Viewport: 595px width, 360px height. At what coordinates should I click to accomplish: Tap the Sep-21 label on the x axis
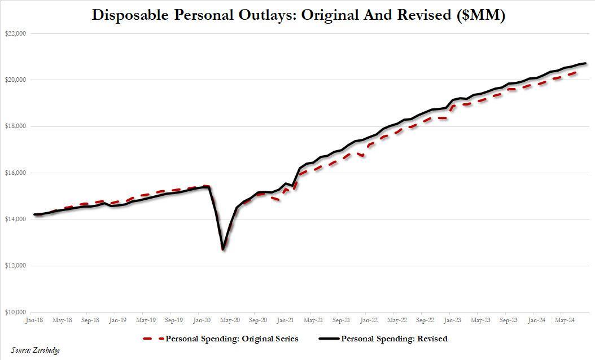coord(342,320)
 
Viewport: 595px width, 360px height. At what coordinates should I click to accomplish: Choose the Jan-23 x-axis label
coord(453,320)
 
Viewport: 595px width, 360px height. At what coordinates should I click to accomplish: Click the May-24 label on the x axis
coord(565,320)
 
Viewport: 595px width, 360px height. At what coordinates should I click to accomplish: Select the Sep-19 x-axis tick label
coord(174,320)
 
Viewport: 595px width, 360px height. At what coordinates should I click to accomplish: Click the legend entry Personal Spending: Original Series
coord(232,339)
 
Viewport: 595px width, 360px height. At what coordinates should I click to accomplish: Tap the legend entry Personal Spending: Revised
coord(393,339)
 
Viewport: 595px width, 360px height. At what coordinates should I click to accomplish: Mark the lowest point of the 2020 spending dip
coord(223,249)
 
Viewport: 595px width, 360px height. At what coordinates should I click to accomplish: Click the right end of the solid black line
coord(587,63)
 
